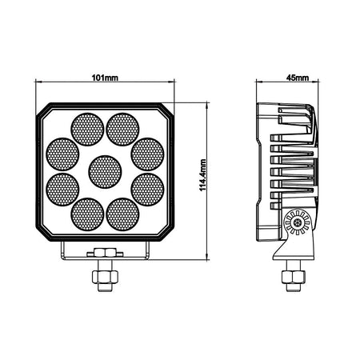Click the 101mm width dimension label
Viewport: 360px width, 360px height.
pos(105,78)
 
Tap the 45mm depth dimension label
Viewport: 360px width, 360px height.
pos(298,78)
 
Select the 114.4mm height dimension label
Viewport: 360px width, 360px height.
pos(203,175)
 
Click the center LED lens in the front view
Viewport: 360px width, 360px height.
pos(105,172)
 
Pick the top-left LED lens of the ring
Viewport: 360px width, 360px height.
pos(87,130)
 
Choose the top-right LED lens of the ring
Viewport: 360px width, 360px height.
pos(122,130)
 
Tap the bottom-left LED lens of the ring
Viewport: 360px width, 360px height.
pos(87,214)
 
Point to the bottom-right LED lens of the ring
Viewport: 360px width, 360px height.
pos(122,214)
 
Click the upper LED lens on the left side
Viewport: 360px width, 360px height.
pos(62,154)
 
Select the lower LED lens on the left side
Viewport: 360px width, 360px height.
pos(62,190)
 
